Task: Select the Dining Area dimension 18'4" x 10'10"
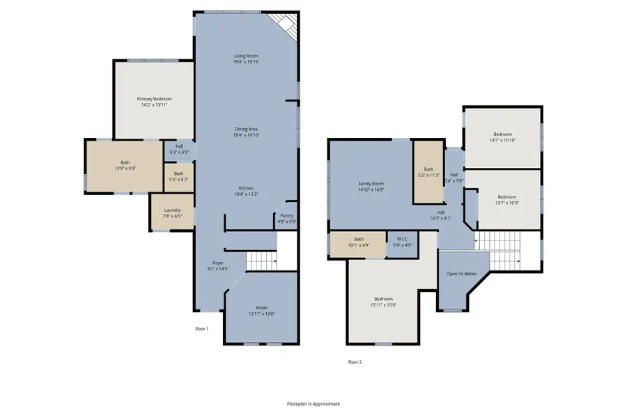pos(247,135)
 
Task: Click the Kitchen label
pos(247,188)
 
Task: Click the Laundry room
pos(173,213)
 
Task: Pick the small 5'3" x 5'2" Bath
pos(179,177)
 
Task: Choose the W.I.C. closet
pos(402,242)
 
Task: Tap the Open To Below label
pos(461,274)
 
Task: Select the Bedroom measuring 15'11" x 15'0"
pos(382,302)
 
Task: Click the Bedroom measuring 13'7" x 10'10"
pos(502,137)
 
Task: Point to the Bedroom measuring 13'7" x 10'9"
pos(506,199)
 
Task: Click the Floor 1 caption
pos(201,328)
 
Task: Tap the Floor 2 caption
pos(355,362)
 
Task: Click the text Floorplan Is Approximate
pos(313,403)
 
